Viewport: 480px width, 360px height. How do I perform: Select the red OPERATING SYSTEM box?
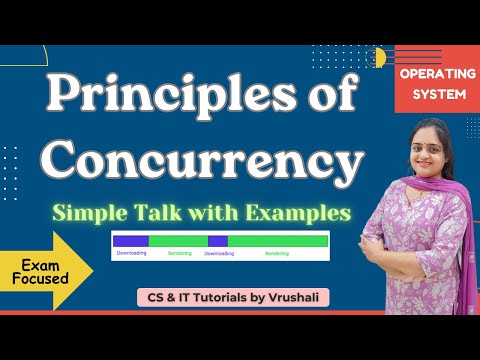click(423, 84)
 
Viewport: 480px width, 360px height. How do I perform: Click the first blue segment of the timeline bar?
click(130, 241)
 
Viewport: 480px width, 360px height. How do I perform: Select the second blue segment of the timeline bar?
click(218, 241)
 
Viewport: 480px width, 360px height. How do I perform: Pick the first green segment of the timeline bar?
click(178, 241)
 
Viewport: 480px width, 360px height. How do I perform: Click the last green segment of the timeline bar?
click(278, 241)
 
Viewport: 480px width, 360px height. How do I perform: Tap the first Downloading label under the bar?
click(131, 253)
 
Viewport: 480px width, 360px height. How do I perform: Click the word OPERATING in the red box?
click(423, 76)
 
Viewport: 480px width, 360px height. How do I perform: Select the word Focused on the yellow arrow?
click(42, 279)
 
